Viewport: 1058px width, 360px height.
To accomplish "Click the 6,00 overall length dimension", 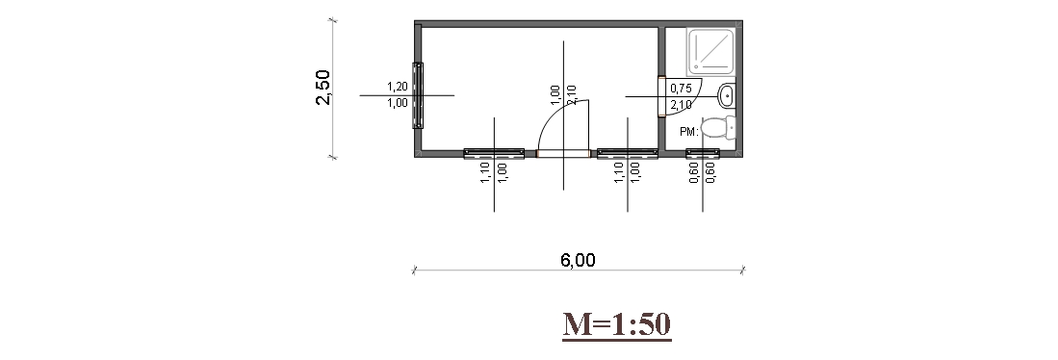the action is click(579, 260).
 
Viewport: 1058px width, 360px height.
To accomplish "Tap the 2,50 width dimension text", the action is click(323, 87).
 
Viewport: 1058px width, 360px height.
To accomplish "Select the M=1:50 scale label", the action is click(617, 324).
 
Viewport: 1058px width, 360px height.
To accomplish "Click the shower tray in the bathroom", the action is click(710, 51).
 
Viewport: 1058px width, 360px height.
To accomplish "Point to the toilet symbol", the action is click(718, 127).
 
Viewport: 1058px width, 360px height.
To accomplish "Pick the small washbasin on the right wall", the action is click(727, 95).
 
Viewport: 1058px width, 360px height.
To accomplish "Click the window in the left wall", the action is click(418, 95).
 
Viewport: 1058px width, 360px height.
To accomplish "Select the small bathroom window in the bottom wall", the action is click(703, 154).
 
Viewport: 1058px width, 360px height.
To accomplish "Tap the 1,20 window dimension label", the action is click(398, 87).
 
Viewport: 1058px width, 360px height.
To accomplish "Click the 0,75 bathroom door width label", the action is click(681, 89).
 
